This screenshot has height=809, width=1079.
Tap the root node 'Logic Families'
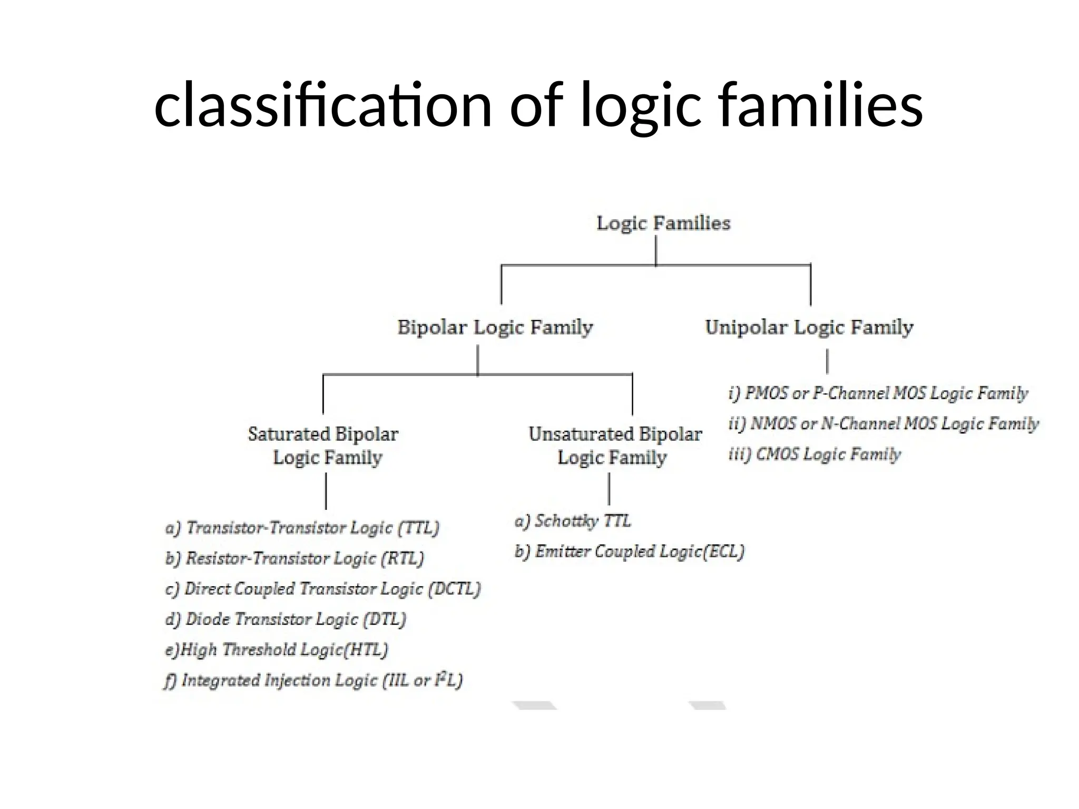click(663, 223)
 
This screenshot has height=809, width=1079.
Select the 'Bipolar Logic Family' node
click(495, 327)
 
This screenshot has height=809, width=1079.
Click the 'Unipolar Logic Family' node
click(809, 327)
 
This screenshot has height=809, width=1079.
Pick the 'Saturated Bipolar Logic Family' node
click(323, 446)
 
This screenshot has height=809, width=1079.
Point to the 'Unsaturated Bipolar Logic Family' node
click(614, 446)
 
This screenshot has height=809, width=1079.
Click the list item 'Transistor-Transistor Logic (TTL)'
click(302, 528)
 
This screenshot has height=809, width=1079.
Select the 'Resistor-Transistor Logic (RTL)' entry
click(295, 558)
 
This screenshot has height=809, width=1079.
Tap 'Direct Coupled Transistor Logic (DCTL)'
click(323, 589)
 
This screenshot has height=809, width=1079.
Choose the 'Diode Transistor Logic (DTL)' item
click(286, 619)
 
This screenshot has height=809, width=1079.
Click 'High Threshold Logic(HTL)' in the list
click(277, 650)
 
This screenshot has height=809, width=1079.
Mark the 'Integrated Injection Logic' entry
click(313, 680)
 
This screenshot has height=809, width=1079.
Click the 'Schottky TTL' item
click(573, 521)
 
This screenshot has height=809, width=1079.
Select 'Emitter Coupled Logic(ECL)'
click(630, 551)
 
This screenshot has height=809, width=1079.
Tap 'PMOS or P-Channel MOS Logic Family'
click(878, 393)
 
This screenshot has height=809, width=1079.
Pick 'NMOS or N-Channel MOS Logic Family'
click(884, 423)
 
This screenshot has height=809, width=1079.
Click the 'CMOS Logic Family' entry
click(815, 454)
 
